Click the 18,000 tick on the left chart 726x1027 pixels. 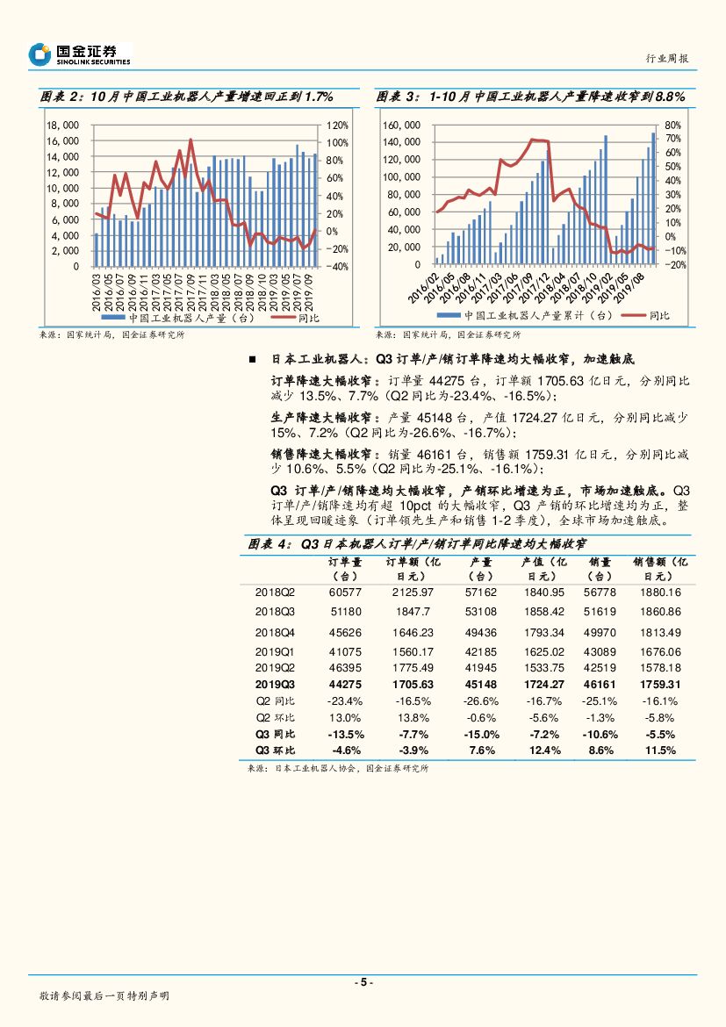pyautogui.click(x=64, y=125)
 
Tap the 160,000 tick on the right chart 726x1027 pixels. pyautogui.click(x=403, y=125)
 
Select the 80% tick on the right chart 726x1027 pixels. pyautogui.click(x=673, y=125)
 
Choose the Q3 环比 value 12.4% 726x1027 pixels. pyautogui.click(x=545, y=750)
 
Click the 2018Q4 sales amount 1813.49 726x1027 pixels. pyautogui.click(x=661, y=632)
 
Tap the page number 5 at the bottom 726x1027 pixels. pyautogui.click(x=363, y=982)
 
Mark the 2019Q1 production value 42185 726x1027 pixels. pyautogui.click(x=481, y=652)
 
